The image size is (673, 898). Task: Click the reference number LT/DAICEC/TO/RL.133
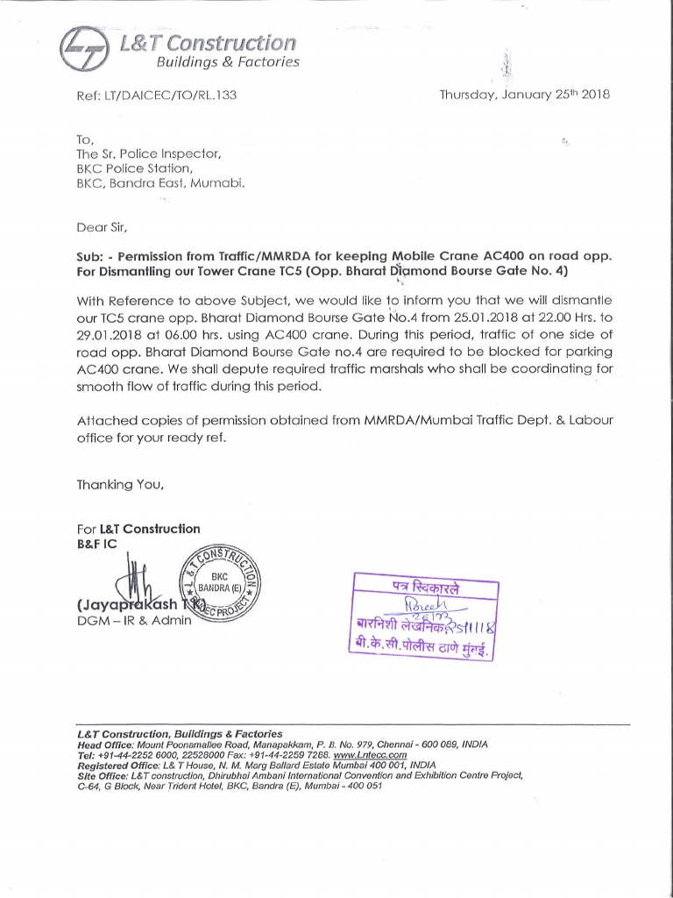(x=158, y=94)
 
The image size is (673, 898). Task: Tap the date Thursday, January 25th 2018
(x=524, y=94)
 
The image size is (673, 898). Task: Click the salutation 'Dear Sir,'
(x=102, y=228)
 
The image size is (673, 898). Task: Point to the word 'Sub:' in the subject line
(x=91, y=257)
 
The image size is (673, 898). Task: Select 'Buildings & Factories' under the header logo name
(x=228, y=62)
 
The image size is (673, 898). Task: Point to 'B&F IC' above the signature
(x=98, y=544)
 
